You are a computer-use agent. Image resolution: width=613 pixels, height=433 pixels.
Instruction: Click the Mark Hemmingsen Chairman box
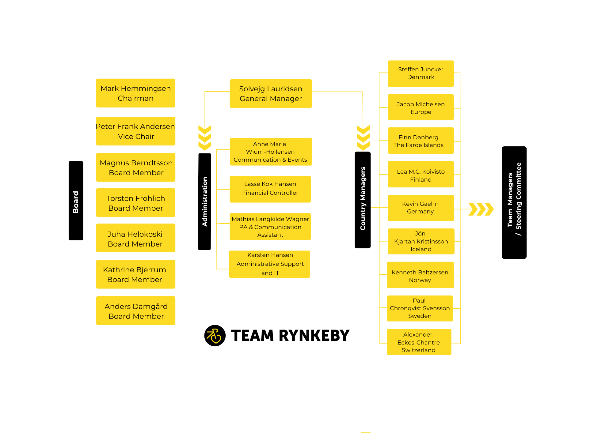[x=136, y=93]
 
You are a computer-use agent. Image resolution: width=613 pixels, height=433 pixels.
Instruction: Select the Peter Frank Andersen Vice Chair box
[x=136, y=131]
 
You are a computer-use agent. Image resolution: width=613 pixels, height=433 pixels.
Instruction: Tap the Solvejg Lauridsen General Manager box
[x=271, y=93]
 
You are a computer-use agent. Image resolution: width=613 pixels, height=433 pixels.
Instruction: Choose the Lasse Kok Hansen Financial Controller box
[x=270, y=189]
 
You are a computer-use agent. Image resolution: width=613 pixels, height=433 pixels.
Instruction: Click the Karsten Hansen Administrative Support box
[x=270, y=264]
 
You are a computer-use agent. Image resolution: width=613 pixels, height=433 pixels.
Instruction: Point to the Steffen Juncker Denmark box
[x=421, y=73]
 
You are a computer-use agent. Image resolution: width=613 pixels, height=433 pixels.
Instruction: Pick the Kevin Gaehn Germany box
[x=421, y=208]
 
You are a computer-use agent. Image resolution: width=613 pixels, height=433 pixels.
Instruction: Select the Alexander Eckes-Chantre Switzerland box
[x=419, y=342]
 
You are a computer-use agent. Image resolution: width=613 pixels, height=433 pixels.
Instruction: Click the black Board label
[x=76, y=201]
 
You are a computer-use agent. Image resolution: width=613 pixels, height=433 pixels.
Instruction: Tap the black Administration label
[x=205, y=201]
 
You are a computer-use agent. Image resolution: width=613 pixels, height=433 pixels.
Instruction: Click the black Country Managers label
[x=363, y=200]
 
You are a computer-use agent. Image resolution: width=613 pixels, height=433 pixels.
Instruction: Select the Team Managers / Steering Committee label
[x=514, y=202]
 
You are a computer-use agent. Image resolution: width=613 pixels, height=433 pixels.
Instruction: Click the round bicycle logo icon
[x=215, y=336]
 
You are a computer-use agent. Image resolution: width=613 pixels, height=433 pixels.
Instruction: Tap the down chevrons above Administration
[x=205, y=138]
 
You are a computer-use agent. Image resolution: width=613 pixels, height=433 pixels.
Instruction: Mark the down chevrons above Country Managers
[x=363, y=138]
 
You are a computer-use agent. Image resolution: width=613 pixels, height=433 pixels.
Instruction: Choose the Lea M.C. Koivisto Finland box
[x=421, y=174]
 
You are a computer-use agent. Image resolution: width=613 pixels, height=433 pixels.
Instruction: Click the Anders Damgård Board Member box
[x=136, y=311]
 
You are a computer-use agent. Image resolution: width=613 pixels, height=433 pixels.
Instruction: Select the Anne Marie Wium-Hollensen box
[x=271, y=152]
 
